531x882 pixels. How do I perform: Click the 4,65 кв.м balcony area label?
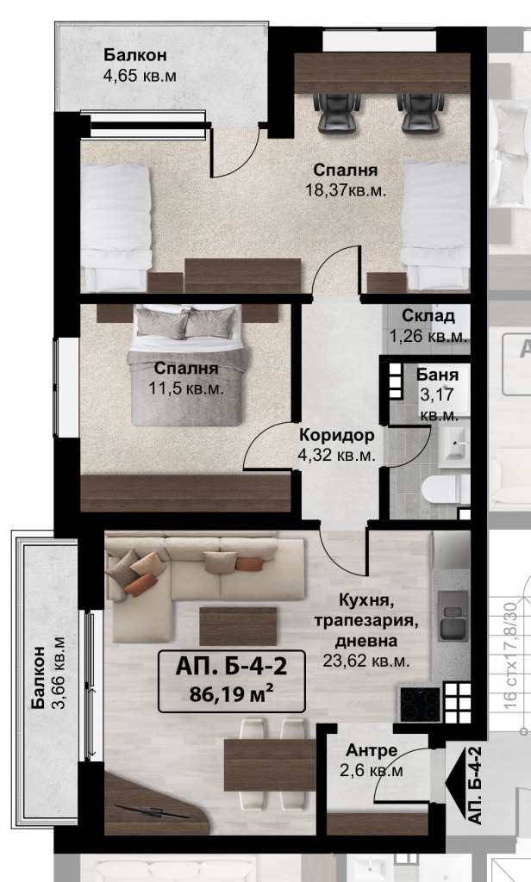[x=140, y=76]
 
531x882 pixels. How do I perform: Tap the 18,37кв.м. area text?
[x=345, y=189]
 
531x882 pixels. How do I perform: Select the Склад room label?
[x=428, y=315]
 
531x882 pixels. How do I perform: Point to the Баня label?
[x=438, y=374]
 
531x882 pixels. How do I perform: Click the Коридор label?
[x=336, y=435]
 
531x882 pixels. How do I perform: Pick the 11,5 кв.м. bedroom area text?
[x=186, y=388]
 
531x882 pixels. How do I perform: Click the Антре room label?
[x=371, y=750]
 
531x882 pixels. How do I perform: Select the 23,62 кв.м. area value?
[x=366, y=661]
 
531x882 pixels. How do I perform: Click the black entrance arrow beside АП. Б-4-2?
[x=453, y=783]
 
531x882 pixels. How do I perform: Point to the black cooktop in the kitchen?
[x=420, y=704]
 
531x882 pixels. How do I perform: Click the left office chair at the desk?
[x=336, y=113]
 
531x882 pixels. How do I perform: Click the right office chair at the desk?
[x=422, y=113]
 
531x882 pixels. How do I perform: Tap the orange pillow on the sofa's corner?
[x=141, y=585]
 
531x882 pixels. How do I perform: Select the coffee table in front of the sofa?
[x=238, y=625]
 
